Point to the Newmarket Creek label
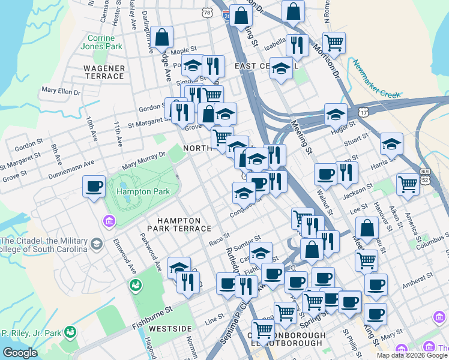coord(376,79)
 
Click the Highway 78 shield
coord(207,12)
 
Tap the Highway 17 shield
coord(364,113)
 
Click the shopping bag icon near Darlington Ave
coord(162,37)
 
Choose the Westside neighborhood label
coord(170,329)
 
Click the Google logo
coord(20,353)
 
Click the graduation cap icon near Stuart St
coord(391,143)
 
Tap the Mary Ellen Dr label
coord(61,91)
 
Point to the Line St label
coord(214,322)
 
